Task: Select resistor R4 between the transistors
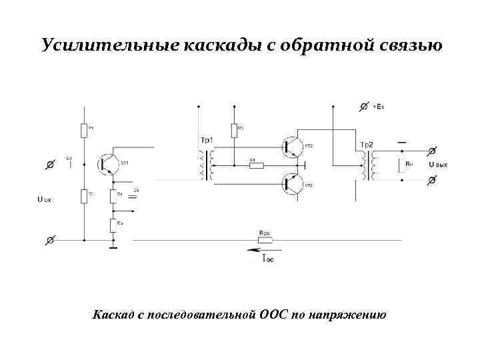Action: [256, 165]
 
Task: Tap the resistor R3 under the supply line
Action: [235, 130]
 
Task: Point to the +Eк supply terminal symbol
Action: [365, 106]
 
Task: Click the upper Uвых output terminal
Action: [431, 153]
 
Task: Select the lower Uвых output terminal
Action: [431, 180]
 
